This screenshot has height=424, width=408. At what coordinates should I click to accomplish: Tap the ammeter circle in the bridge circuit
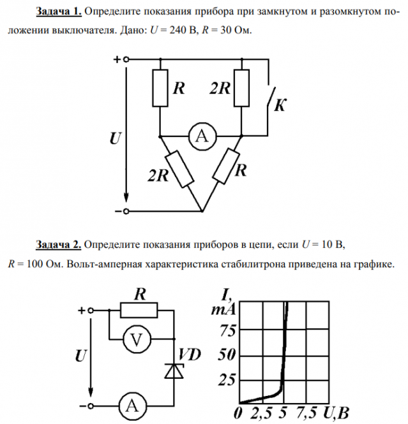click(x=201, y=135)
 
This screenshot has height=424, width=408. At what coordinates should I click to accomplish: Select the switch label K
click(x=279, y=106)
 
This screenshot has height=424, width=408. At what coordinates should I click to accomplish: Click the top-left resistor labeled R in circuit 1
click(x=160, y=89)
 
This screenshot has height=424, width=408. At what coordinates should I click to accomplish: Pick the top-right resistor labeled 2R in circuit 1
click(x=241, y=89)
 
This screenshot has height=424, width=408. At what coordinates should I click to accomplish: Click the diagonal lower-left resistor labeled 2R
click(x=179, y=170)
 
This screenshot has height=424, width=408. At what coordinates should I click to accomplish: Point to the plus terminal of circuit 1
click(x=126, y=59)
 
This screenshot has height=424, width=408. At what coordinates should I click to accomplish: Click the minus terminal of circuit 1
click(x=126, y=210)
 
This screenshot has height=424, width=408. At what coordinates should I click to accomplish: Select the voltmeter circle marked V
click(x=135, y=340)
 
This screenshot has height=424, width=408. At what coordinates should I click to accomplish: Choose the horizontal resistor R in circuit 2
click(x=139, y=311)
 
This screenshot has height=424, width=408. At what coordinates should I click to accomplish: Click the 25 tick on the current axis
click(x=228, y=381)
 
